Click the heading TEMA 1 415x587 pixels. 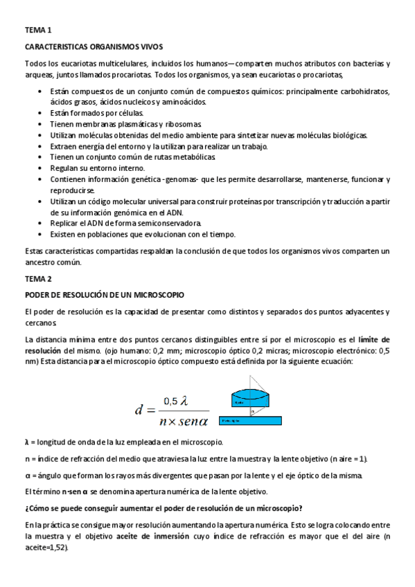click(38, 30)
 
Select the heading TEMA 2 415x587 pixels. click(38, 278)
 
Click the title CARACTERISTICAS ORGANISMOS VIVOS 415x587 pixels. click(94, 46)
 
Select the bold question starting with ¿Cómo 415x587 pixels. click(158, 508)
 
